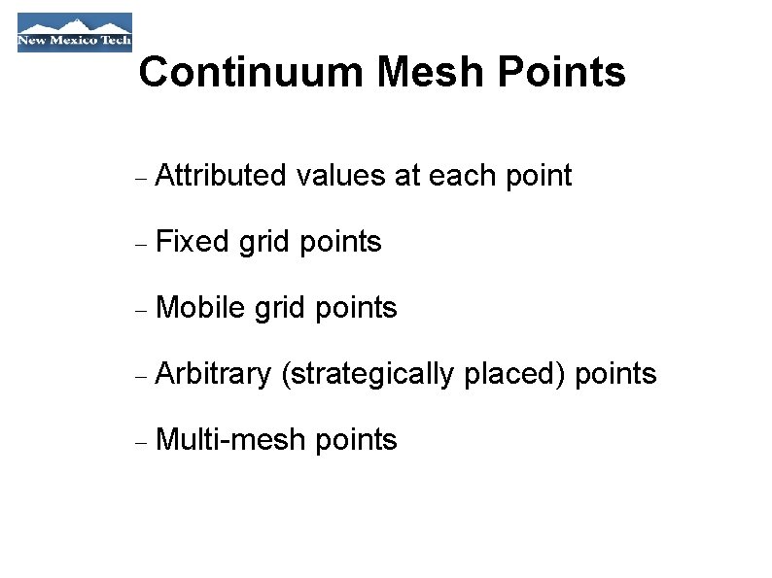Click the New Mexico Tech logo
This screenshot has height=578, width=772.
[74, 32]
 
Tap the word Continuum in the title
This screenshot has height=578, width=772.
[251, 72]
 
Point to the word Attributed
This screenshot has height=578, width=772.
[221, 176]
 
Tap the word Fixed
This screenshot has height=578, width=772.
[192, 242]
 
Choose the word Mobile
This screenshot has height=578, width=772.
[199, 308]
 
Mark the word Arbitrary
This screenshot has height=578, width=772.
[213, 374]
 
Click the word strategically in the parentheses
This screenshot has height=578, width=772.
[369, 374]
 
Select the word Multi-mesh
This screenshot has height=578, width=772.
[228, 440]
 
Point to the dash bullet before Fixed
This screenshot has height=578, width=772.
[141, 245]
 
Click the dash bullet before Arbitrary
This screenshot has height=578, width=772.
[141, 377]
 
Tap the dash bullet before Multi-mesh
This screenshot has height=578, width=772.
[141, 443]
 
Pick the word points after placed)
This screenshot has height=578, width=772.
[616, 375]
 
